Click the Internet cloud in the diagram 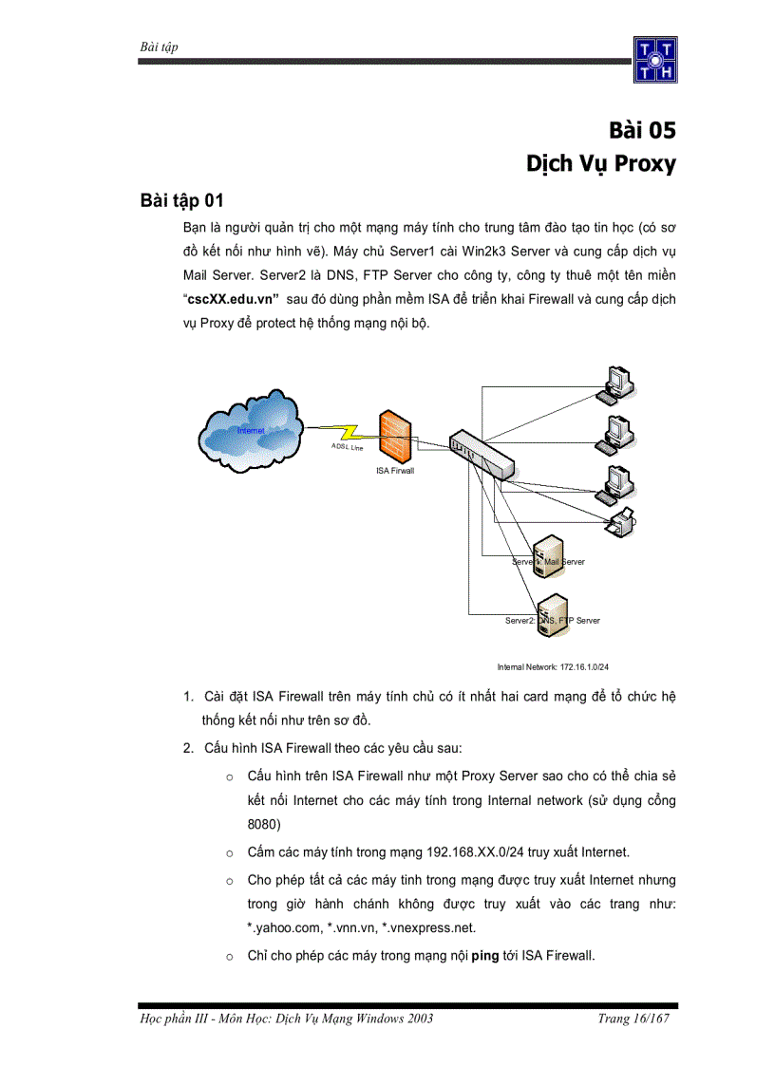coord(252,430)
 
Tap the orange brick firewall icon coord(394,436)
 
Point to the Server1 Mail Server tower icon coord(547,556)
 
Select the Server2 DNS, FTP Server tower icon coord(552,614)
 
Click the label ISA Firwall coord(395,470)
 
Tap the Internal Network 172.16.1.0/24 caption coord(553,667)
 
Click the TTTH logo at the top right coord(656,62)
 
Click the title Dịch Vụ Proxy coord(601,164)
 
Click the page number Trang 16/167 coord(633,1019)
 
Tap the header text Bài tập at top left coord(160,47)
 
